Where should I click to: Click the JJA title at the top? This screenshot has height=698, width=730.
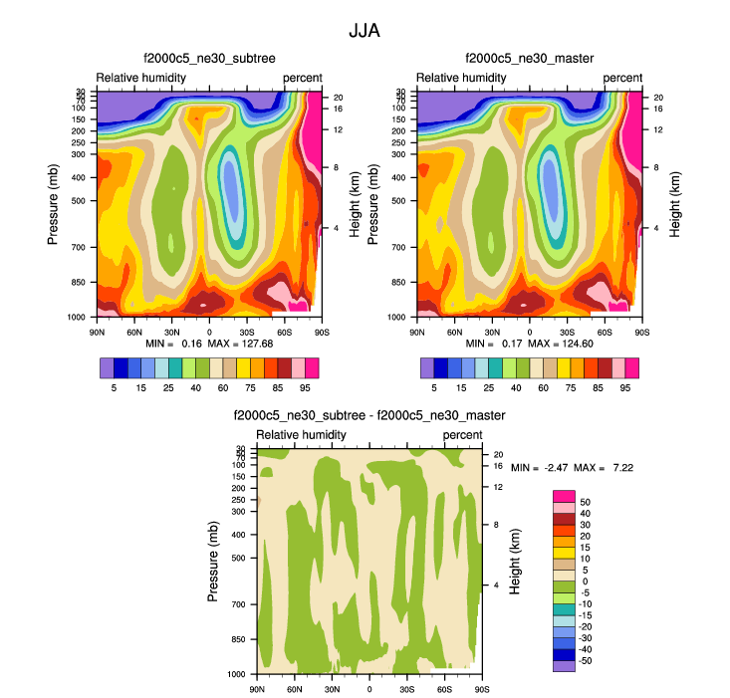364,31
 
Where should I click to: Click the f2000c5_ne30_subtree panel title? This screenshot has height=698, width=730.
208,59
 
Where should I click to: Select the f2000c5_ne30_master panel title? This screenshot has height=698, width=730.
529,59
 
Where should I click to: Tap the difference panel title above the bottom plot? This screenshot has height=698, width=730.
368,415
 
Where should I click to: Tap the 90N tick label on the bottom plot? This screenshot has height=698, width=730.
257,688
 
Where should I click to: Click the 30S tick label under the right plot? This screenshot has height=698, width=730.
567,331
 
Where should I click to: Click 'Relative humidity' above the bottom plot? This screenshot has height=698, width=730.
302,435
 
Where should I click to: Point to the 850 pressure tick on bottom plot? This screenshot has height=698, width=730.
238,639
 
